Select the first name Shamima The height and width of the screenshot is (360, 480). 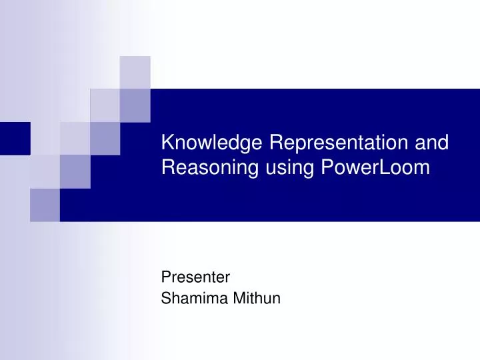[x=195, y=299]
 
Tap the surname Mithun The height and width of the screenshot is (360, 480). [x=257, y=299]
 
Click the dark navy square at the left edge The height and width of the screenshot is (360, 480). [x=15, y=139]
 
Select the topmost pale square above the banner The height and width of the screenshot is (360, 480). [x=135, y=72]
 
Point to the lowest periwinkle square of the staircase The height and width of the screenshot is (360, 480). [x=45, y=205]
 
